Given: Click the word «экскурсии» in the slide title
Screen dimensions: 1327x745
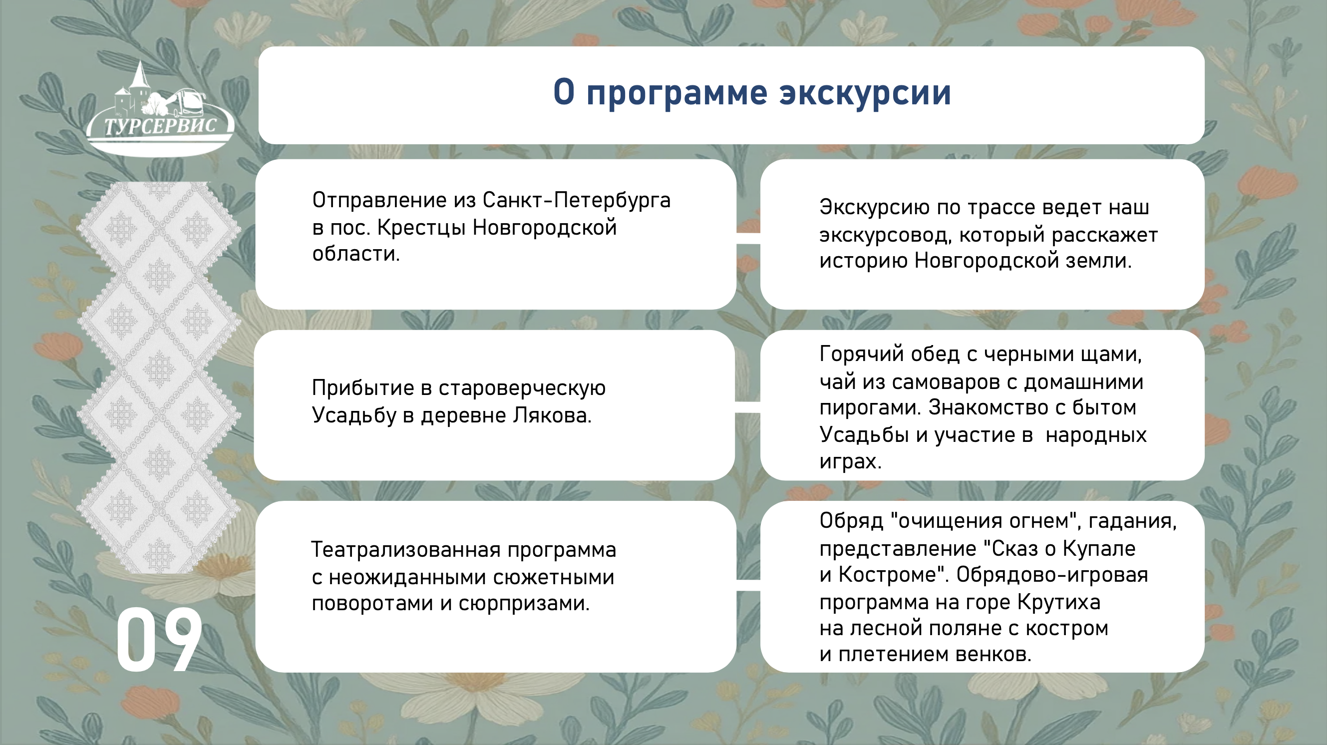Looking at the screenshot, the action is click(x=865, y=93).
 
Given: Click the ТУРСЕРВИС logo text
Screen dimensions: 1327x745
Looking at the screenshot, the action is click(x=160, y=126).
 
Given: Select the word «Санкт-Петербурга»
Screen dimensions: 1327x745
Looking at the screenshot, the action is click(x=577, y=200).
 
